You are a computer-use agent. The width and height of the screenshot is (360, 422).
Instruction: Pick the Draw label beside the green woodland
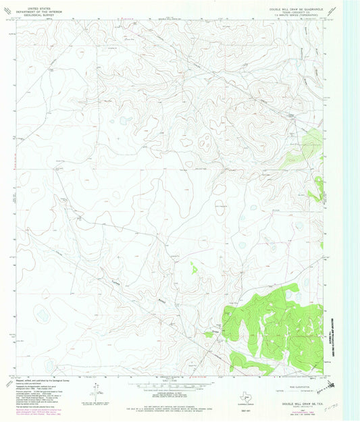[x=217, y=330]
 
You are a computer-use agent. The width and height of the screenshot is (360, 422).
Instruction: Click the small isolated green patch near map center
[x=194, y=267]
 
